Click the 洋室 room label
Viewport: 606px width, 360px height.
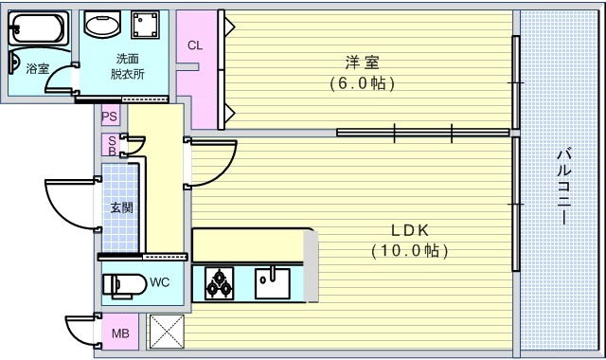point(362,63)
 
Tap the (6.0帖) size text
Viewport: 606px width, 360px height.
point(362,83)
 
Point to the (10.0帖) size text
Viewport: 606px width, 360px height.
point(410,251)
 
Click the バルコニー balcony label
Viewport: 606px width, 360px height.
point(562,185)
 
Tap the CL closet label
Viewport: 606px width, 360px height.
point(194,45)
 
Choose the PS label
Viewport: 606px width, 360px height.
point(110,117)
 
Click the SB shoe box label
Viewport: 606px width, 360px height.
point(111,146)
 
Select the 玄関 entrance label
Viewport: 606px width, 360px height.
point(121,207)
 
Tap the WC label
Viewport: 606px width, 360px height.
point(159,282)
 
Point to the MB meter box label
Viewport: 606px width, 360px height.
point(120,333)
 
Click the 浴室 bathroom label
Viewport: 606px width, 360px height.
point(37,68)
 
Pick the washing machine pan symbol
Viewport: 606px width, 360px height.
point(144,26)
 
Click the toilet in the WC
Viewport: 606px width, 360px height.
point(123,283)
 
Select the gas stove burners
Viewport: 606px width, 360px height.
point(219,282)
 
